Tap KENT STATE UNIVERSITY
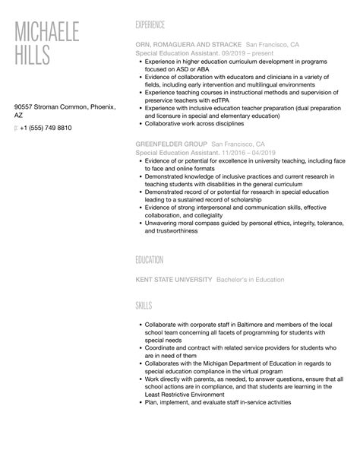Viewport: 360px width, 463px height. tap(173, 279)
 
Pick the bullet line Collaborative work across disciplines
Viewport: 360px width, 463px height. tap(196, 122)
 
